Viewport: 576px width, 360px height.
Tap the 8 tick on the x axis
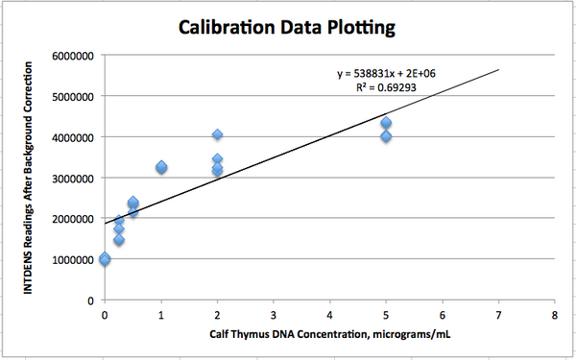[x=555, y=314]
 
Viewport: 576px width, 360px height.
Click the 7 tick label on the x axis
[x=498, y=314]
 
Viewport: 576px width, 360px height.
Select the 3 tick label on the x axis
[x=274, y=314]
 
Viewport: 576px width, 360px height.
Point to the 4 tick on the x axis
[x=330, y=314]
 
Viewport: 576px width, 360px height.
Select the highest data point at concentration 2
[x=218, y=135]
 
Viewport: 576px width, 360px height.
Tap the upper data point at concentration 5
[x=386, y=123]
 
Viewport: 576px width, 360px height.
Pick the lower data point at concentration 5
[x=386, y=136]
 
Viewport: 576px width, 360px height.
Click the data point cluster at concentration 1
[x=161, y=168]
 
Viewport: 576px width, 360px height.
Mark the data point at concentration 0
[x=105, y=259]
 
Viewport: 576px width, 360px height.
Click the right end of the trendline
[x=498, y=69]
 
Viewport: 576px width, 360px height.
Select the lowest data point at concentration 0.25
[x=119, y=240]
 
